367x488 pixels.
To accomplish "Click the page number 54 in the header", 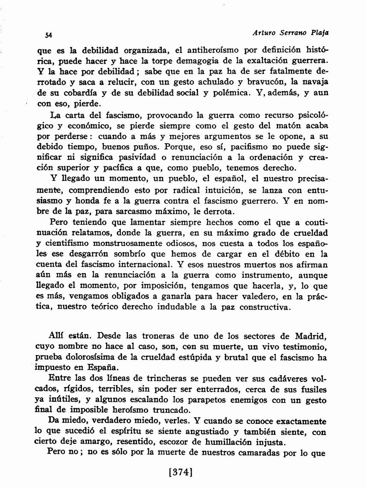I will [48, 35].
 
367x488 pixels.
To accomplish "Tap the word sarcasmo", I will [135, 211].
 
